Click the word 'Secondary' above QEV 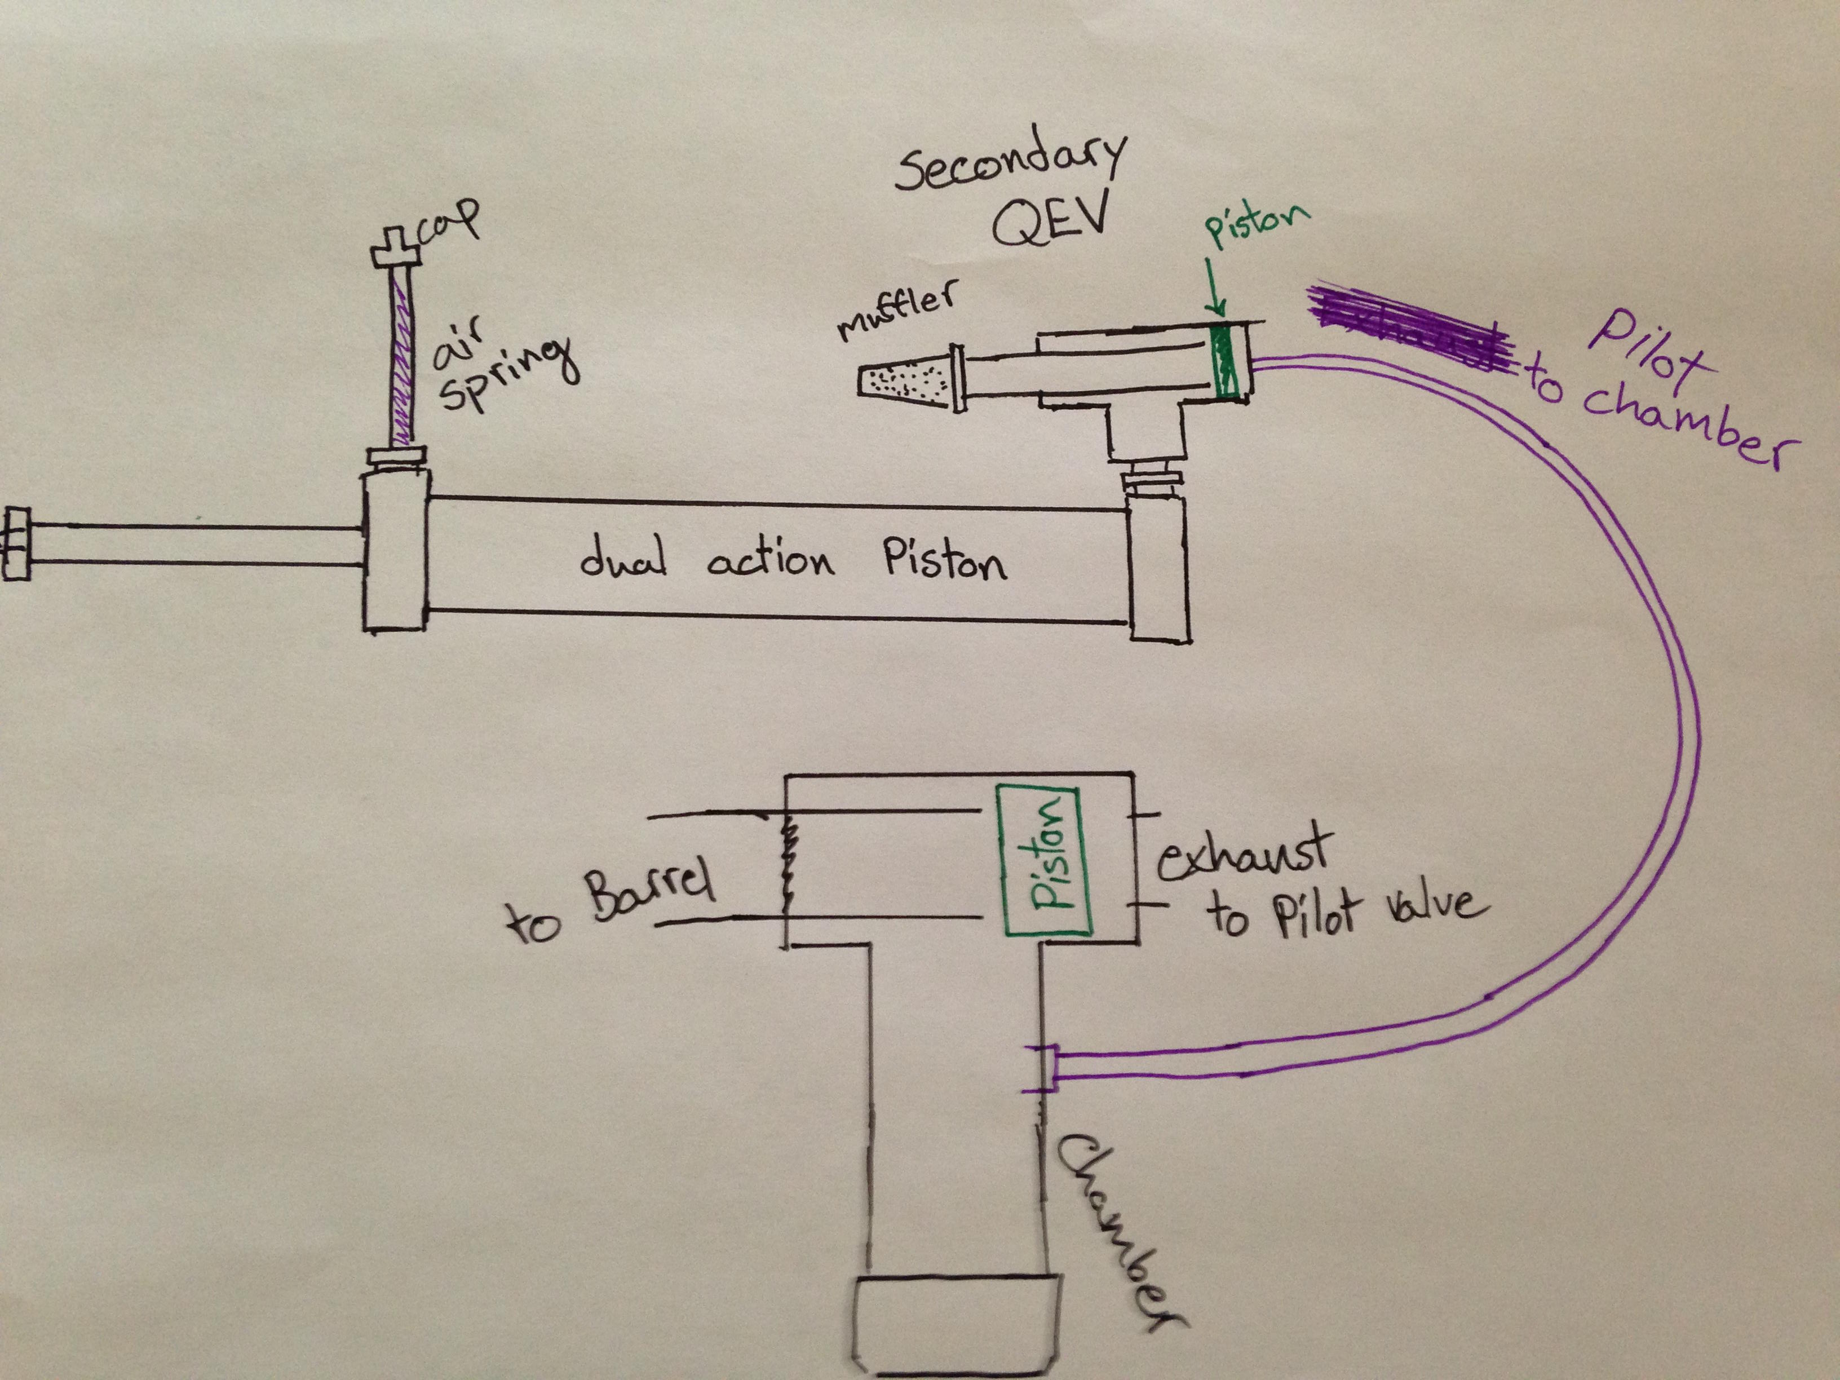pyautogui.click(x=1011, y=166)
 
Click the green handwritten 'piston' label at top pyautogui.click(x=1256, y=224)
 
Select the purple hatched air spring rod pyautogui.click(x=402, y=358)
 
